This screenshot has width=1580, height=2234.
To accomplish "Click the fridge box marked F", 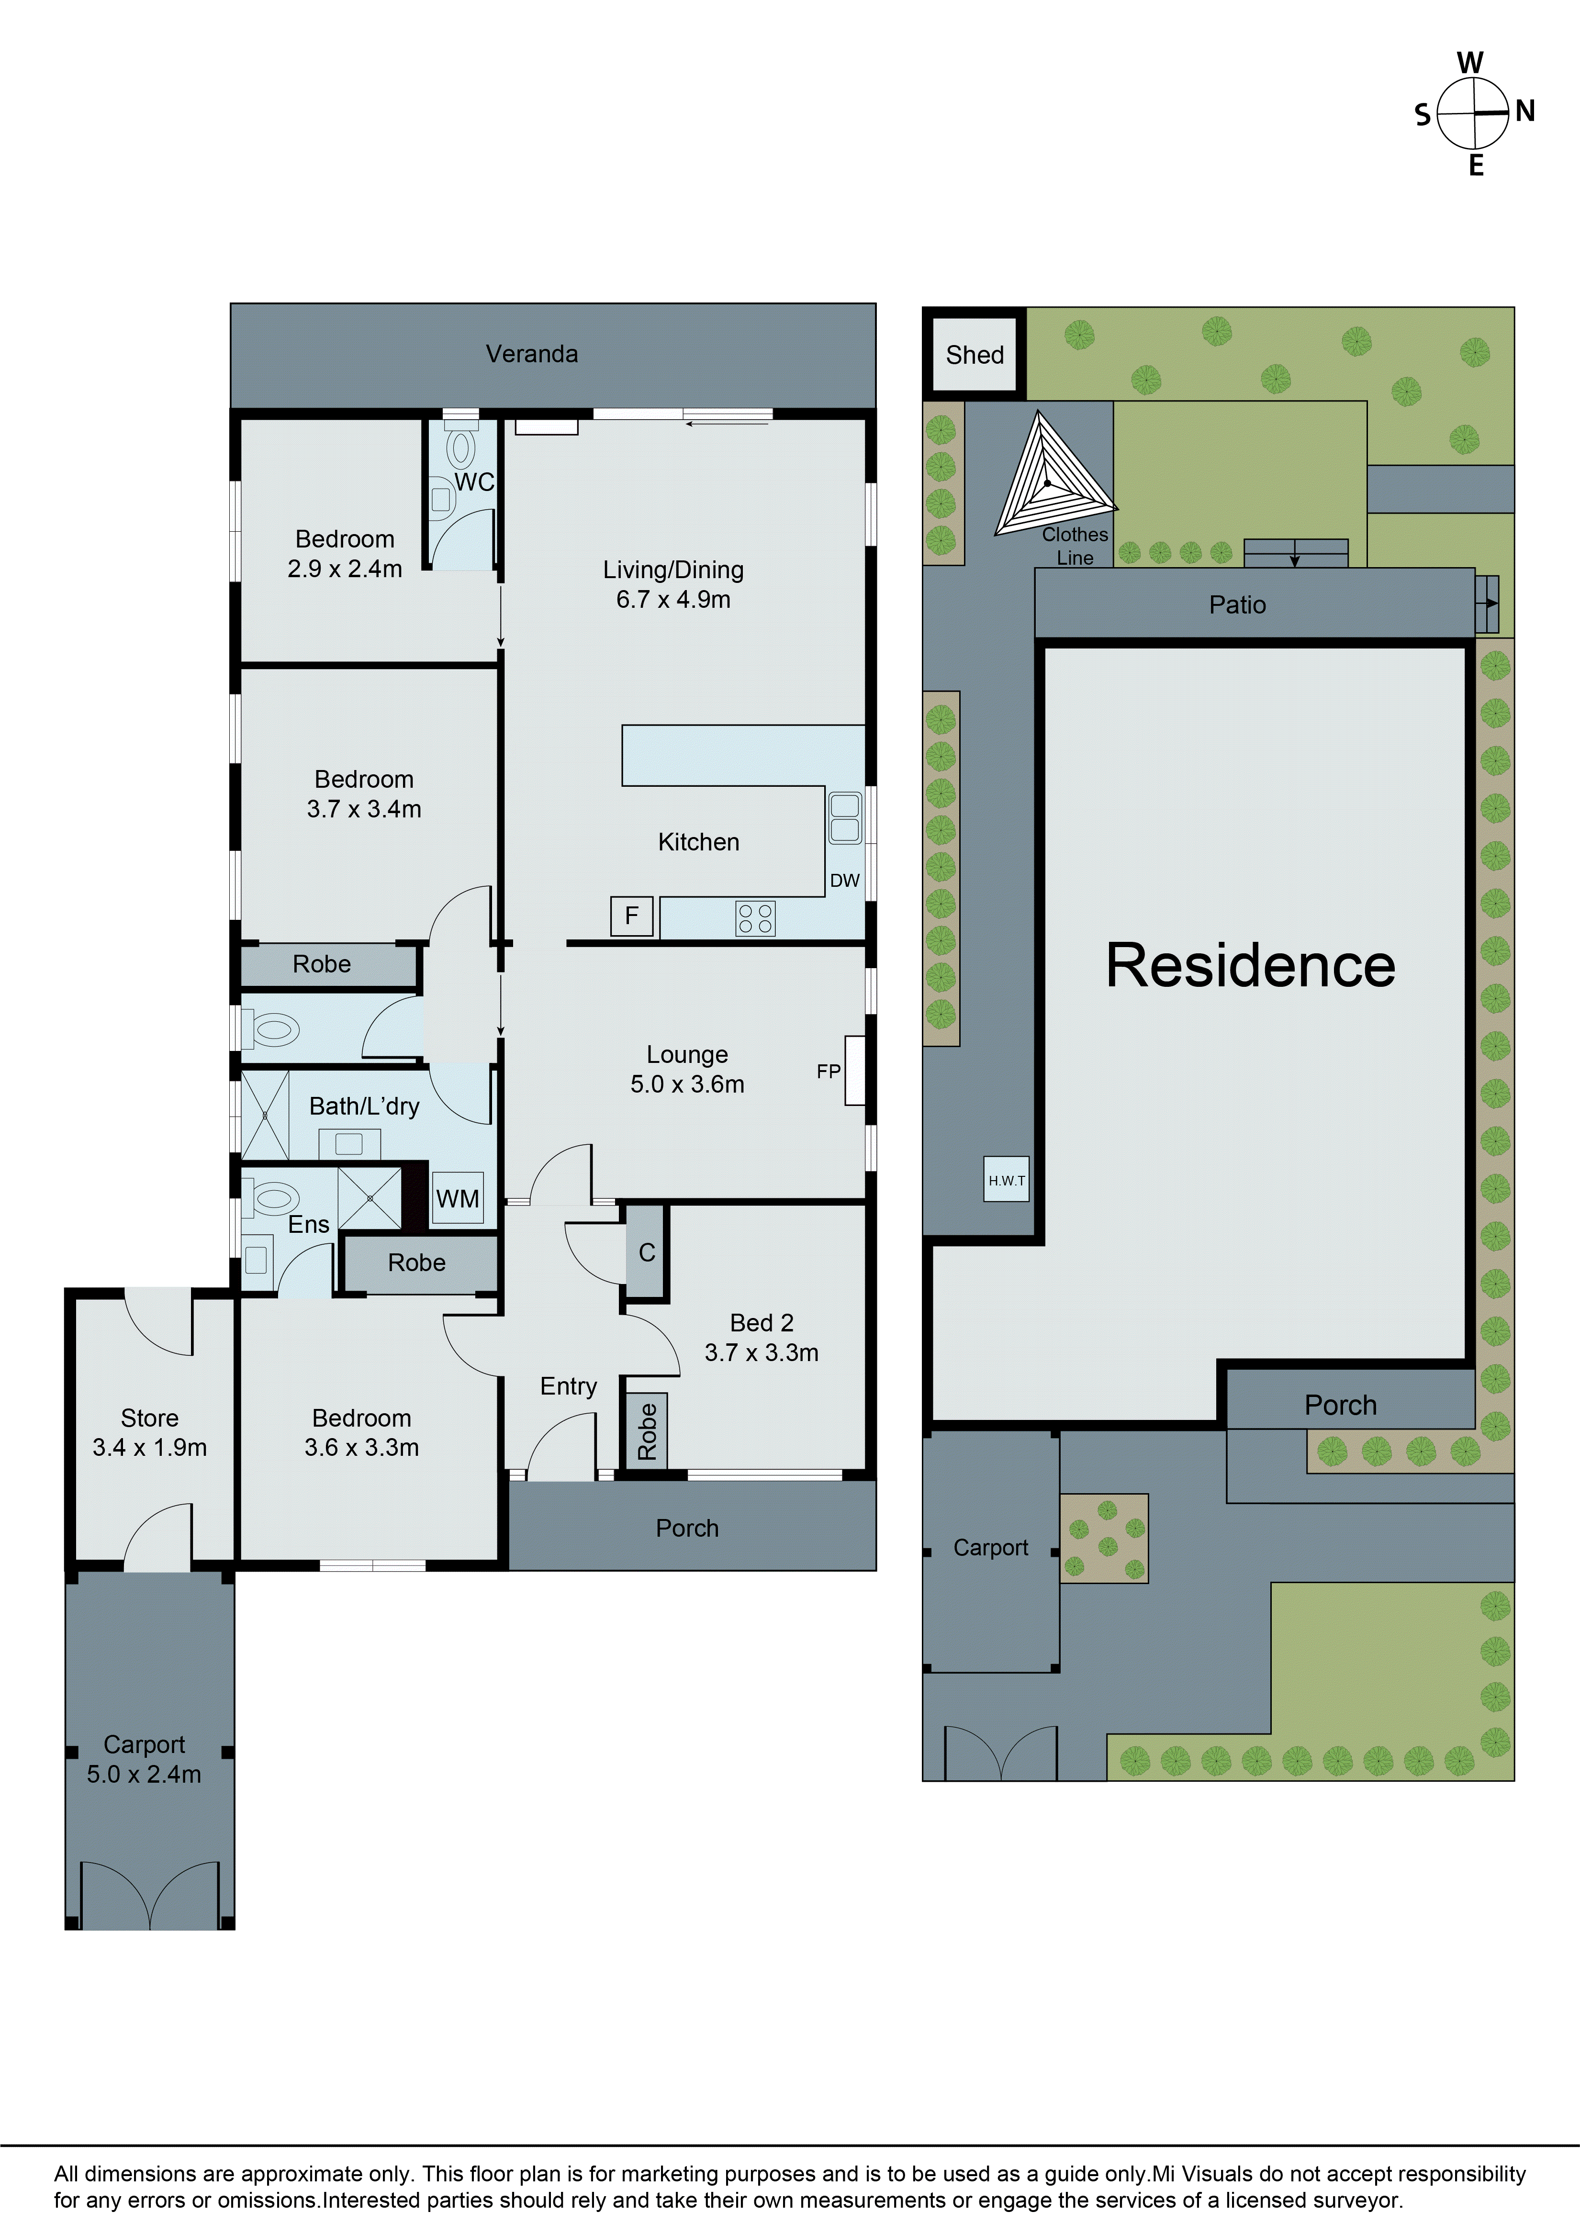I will (631, 916).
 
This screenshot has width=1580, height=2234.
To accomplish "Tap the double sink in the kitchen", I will (844, 817).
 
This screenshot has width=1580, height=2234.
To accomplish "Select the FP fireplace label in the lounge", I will (828, 1071).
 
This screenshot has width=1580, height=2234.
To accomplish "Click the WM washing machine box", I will (457, 1199).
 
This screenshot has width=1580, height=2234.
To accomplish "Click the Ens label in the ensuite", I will (308, 1225).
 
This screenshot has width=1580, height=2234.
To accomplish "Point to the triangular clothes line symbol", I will (1051, 477).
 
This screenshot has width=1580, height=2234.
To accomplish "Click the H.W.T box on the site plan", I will (1006, 1180).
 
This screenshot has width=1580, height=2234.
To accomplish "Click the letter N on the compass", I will (1524, 112).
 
